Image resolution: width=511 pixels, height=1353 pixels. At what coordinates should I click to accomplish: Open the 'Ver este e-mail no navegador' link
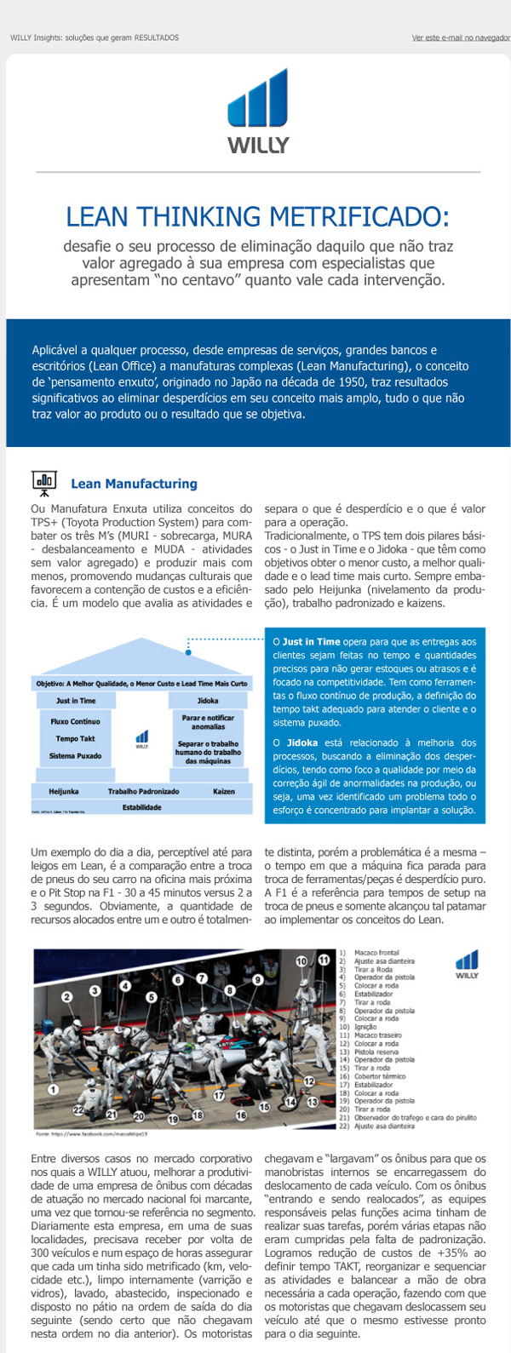(x=460, y=37)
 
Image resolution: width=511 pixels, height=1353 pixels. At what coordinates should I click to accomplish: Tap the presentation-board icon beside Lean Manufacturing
(x=43, y=483)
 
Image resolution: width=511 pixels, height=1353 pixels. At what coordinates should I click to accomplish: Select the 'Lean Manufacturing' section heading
(x=134, y=484)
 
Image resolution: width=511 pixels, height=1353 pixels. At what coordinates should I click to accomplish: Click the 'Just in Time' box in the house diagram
(x=76, y=701)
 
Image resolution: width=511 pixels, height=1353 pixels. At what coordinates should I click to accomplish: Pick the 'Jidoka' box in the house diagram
(x=208, y=701)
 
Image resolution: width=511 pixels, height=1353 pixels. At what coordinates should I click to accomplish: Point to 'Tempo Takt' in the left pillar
(x=75, y=738)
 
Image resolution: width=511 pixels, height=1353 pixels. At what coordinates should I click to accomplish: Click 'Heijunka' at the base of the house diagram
(x=64, y=791)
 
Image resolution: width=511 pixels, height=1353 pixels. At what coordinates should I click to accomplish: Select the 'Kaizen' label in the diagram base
(x=224, y=791)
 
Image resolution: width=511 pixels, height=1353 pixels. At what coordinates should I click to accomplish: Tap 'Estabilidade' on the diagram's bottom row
(x=141, y=806)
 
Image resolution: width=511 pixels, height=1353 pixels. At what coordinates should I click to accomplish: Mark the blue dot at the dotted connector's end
(x=188, y=653)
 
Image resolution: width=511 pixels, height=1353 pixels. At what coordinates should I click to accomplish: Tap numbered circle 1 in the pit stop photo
(x=53, y=1088)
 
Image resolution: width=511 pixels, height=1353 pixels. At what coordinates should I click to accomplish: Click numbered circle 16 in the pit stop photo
(x=241, y=1115)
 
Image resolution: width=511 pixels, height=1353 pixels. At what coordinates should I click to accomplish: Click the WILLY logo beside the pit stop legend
(x=467, y=966)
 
